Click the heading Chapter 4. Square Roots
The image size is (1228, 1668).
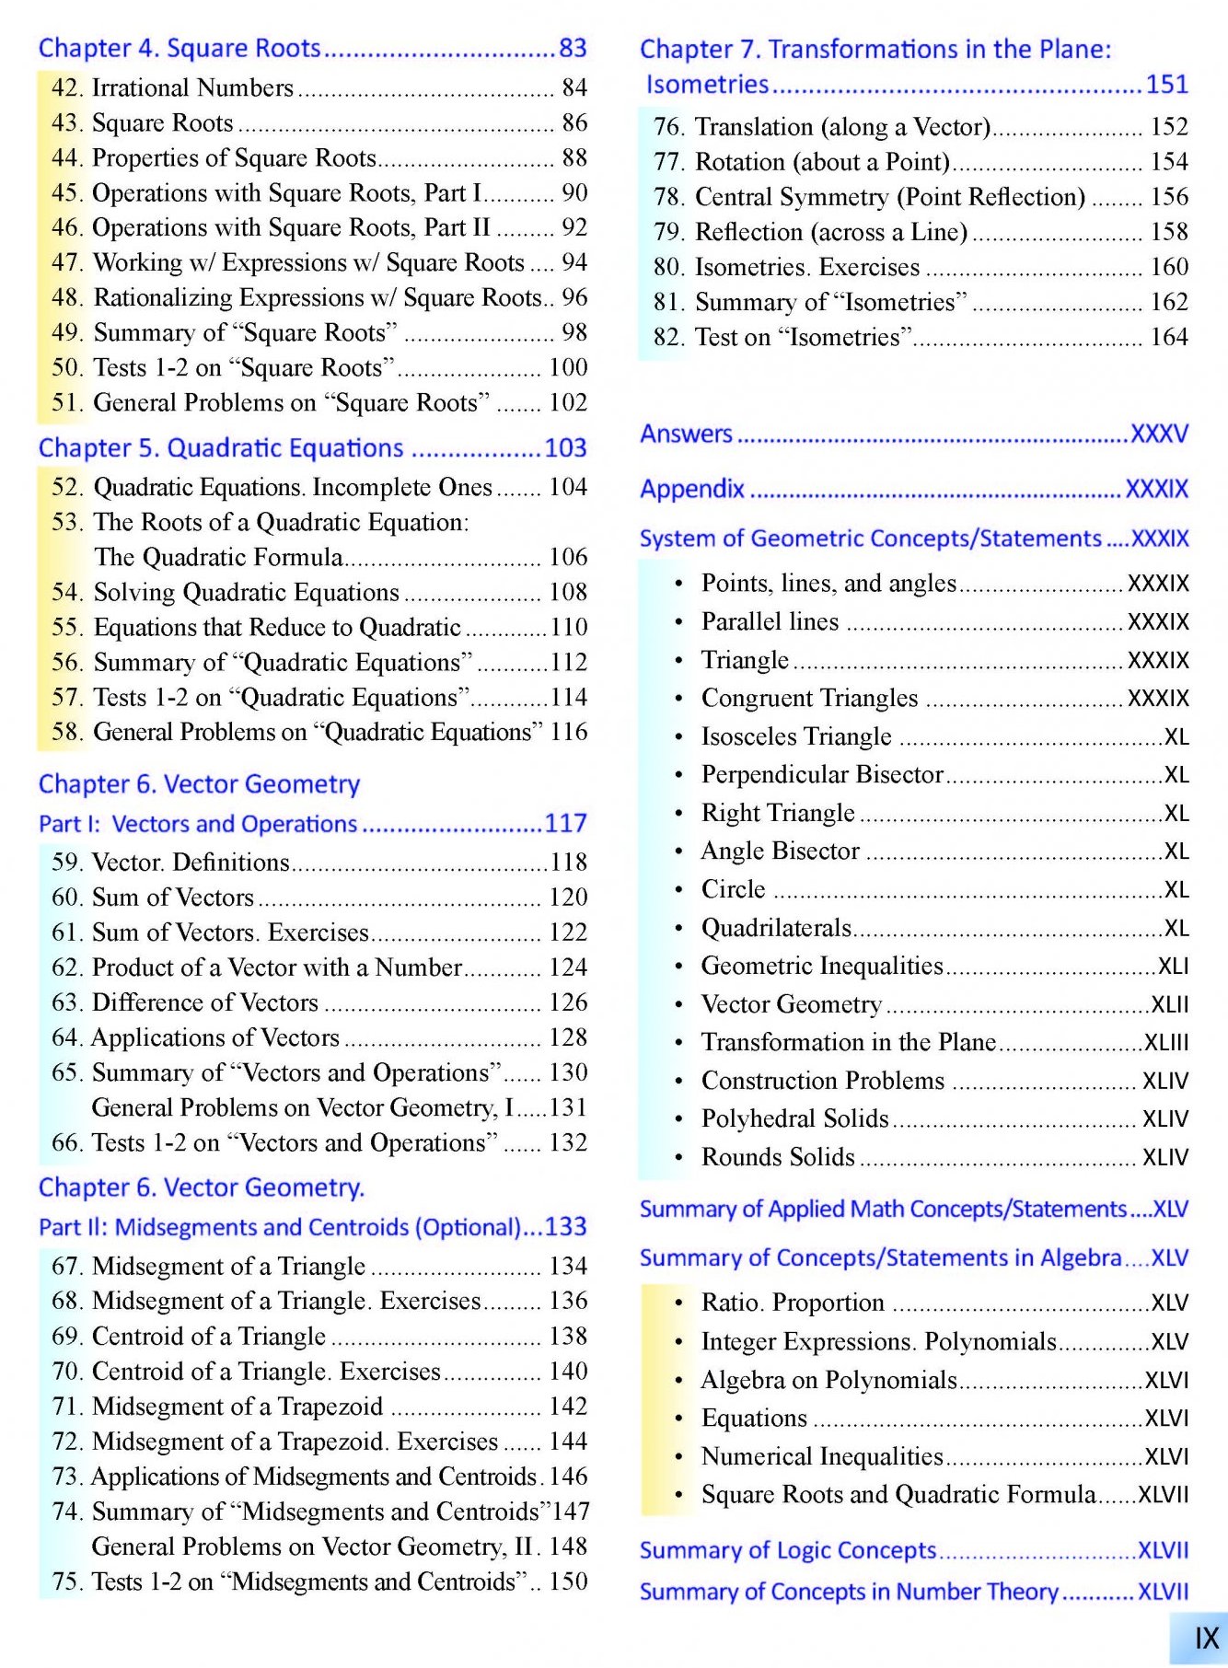(x=180, y=48)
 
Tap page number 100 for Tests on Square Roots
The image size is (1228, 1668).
(x=568, y=367)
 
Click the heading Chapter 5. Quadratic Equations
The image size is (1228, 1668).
(x=221, y=448)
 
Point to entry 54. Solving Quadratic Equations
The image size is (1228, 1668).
(x=226, y=592)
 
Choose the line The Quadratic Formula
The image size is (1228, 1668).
(x=219, y=557)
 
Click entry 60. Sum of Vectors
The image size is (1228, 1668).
(x=153, y=897)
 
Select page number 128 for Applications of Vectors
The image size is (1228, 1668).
(x=568, y=1037)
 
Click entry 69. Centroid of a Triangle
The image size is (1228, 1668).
(x=189, y=1336)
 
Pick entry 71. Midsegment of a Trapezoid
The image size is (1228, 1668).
(x=217, y=1406)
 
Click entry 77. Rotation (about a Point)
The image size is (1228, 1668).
(x=801, y=162)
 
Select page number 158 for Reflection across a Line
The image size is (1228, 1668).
(x=1169, y=232)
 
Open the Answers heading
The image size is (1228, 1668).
(x=687, y=434)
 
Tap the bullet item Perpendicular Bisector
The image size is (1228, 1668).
(x=822, y=775)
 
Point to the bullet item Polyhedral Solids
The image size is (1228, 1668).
(x=794, y=1118)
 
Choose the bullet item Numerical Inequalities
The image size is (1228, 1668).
(x=822, y=1456)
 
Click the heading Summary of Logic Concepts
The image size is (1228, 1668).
(x=788, y=1551)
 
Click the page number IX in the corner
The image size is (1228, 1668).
(x=1206, y=1639)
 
